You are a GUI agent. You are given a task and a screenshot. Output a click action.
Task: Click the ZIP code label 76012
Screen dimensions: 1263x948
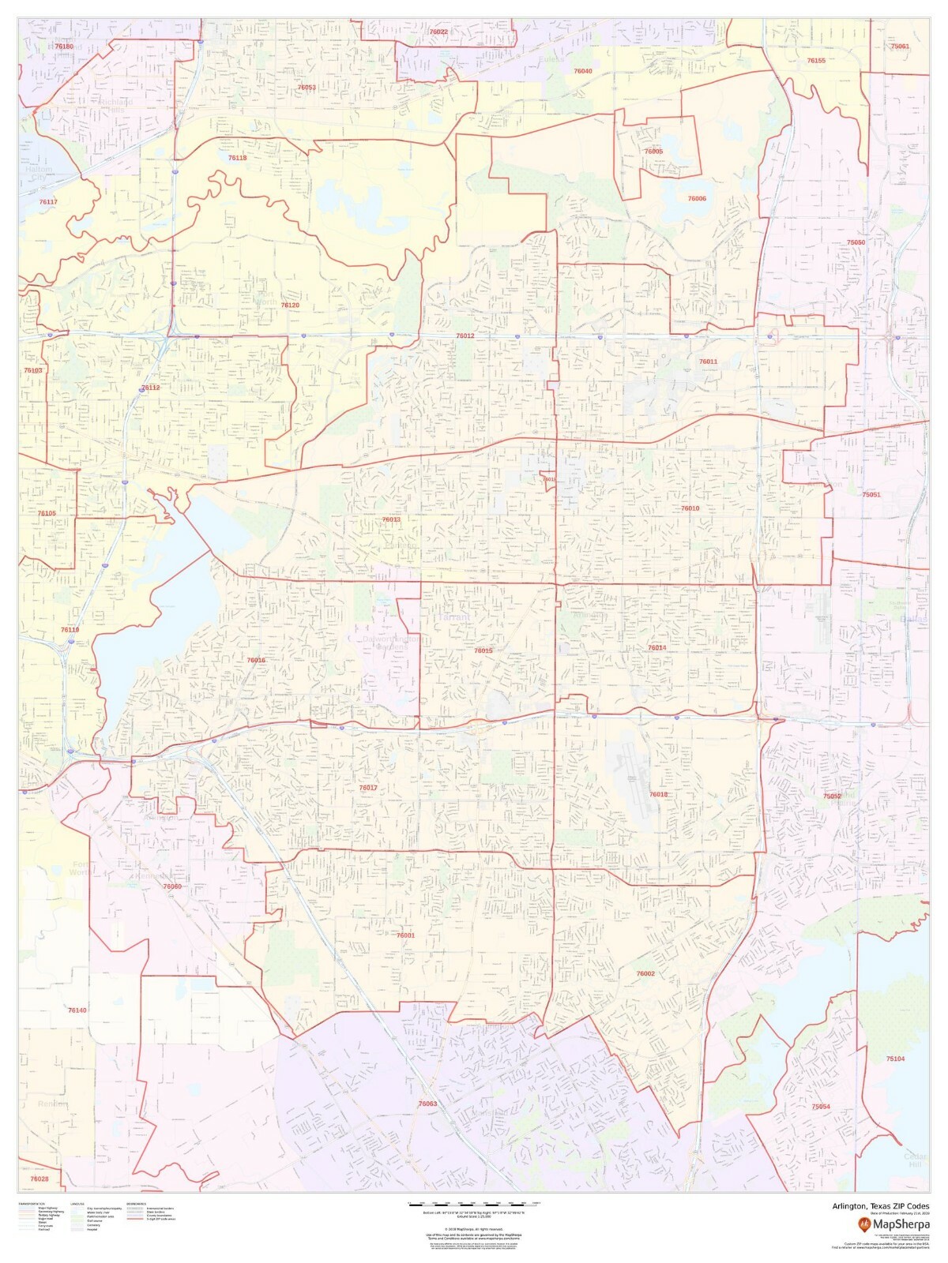pos(465,336)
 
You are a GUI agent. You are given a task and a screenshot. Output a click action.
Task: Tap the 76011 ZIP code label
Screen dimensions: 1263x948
pos(708,362)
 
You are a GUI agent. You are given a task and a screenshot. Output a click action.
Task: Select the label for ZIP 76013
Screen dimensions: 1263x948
pos(391,520)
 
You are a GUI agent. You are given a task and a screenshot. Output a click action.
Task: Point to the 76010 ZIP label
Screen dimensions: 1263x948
pos(690,509)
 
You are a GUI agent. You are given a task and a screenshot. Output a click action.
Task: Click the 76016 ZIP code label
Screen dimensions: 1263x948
pos(256,661)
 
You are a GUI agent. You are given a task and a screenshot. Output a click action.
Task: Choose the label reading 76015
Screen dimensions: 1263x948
pos(483,651)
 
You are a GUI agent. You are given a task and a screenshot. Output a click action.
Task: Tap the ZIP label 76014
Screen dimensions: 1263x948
pos(656,648)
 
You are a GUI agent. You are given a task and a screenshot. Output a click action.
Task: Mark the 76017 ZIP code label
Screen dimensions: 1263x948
pos(368,789)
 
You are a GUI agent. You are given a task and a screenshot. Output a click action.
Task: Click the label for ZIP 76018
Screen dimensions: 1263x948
pos(658,795)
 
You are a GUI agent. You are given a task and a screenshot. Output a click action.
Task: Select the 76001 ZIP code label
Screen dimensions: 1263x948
pos(405,935)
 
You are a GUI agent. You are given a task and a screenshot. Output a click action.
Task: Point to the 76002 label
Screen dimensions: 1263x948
pos(645,974)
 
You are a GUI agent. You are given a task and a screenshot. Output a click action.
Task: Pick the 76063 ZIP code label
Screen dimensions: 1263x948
pos(427,1104)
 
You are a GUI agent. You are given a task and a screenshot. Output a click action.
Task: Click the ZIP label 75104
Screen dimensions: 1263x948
pos(895,1059)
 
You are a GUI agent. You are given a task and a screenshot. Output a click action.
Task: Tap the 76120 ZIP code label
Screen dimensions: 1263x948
pos(290,305)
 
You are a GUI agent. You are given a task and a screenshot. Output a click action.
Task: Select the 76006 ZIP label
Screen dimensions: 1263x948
pos(697,199)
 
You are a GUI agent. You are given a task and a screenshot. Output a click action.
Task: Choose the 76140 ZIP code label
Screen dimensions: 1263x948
pos(77,1010)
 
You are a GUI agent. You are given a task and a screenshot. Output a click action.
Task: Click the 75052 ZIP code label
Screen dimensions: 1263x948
pos(832,796)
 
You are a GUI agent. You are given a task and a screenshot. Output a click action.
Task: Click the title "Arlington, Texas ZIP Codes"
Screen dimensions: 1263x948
pos(880,1206)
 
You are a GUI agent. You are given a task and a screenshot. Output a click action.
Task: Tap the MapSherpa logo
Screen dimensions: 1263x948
pos(893,1224)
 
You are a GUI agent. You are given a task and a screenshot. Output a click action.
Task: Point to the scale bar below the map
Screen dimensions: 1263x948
pos(474,1204)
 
